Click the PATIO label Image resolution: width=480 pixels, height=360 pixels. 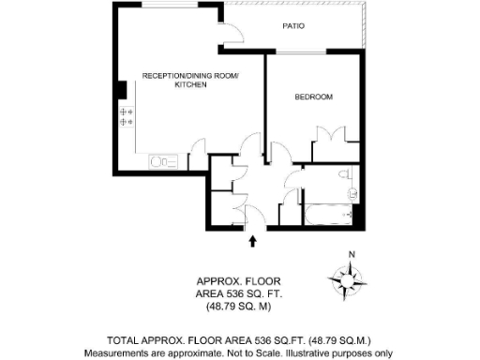pos(294,27)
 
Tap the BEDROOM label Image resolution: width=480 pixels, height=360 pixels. pos(314,97)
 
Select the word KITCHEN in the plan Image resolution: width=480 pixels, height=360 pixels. pos(190,85)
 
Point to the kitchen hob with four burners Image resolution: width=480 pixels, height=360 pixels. pos(127,117)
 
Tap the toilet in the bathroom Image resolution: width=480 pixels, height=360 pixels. pos(345,175)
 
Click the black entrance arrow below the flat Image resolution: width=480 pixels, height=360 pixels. pos(252,241)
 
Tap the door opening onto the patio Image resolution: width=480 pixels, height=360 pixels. pos(234,32)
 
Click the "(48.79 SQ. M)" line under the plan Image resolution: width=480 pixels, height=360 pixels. pos(238,307)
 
